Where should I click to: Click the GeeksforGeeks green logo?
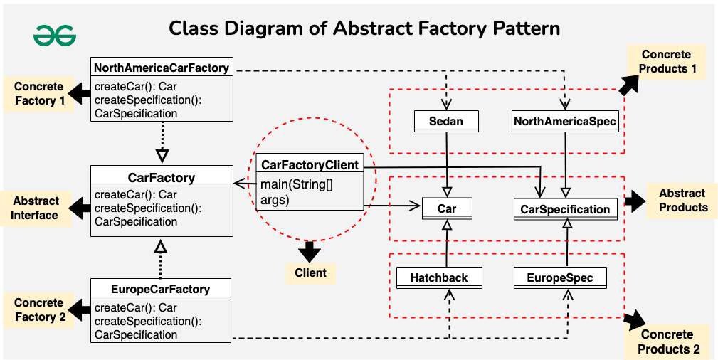pyautogui.click(x=55, y=35)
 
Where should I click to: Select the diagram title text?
pyautogui.click(x=364, y=28)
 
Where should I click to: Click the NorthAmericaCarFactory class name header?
pyautogui.click(x=162, y=68)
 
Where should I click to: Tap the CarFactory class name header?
pyautogui.click(x=162, y=177)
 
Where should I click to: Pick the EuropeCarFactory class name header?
pyautogui.click(x=161, y=289)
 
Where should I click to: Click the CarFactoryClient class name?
pyautogui.click(x=310, y=165)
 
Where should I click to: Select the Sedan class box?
pyautogui.click(x=445, y=122)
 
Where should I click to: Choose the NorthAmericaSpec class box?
pyautogui.click(x=565, y=122)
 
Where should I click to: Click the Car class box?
pyautogui.click(x=446, y=209)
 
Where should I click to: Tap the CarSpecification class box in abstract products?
pyautogui.click(x=565, y=209)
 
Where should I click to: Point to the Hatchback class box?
pyautogui.click(x=439, y=277)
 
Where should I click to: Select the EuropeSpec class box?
pyautogui.click(x=560, y=277)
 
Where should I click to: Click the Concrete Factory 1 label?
pyautogui.click(x=40, y=94)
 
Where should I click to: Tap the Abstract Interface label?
pyautogui.click(x=35, y=208)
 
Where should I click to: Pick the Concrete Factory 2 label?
pyautogui.click(x=40, y=310)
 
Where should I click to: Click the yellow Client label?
pyautogui.click(x=310, y=272)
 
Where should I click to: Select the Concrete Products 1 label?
pyautogui.click(x=666, y=62)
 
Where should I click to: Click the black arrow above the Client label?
pyautogui.click(x=310, y=251)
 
